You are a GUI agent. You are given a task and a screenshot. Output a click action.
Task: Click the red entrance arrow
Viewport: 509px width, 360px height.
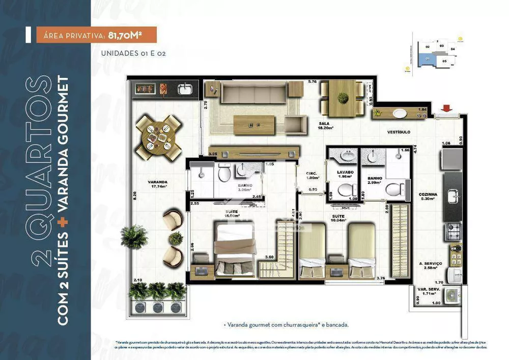[447, 108]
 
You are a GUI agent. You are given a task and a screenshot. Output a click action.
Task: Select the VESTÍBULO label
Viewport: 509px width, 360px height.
[399, 132]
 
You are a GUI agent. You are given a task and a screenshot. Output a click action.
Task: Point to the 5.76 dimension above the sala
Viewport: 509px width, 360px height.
[312, 81]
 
